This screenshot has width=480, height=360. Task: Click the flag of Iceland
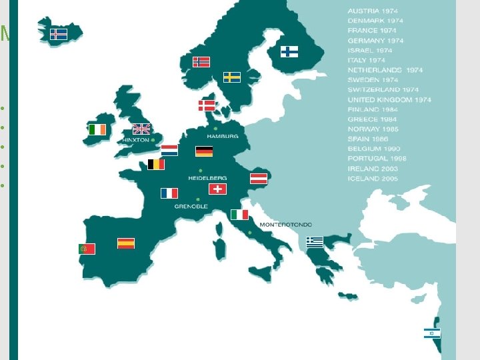[x=59, y=33]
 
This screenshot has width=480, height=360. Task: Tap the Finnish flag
[x=289, y=51]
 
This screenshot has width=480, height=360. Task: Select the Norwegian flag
[x=201, y=61]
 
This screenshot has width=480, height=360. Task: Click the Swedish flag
[x=231, y=77]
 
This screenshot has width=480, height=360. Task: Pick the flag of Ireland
[x=97, y=129]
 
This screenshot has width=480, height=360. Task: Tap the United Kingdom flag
[x=141, y=129]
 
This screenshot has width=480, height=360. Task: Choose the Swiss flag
[x=217, y=189]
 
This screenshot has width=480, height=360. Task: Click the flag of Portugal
[x=87, y=249]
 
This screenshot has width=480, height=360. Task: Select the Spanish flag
[x=125, y=243]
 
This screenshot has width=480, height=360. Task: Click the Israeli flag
[x=432, y=333]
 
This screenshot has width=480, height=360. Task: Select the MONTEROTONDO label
[x=285, y=225]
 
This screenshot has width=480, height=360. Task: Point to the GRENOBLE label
[x=191, y=207]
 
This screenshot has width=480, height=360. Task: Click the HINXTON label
[x=135, y=141]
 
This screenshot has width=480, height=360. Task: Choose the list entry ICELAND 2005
[x=372, y=179]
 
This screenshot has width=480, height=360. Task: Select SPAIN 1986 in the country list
[x=368, y=139]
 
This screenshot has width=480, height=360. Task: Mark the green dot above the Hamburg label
[x=215, y=128]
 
